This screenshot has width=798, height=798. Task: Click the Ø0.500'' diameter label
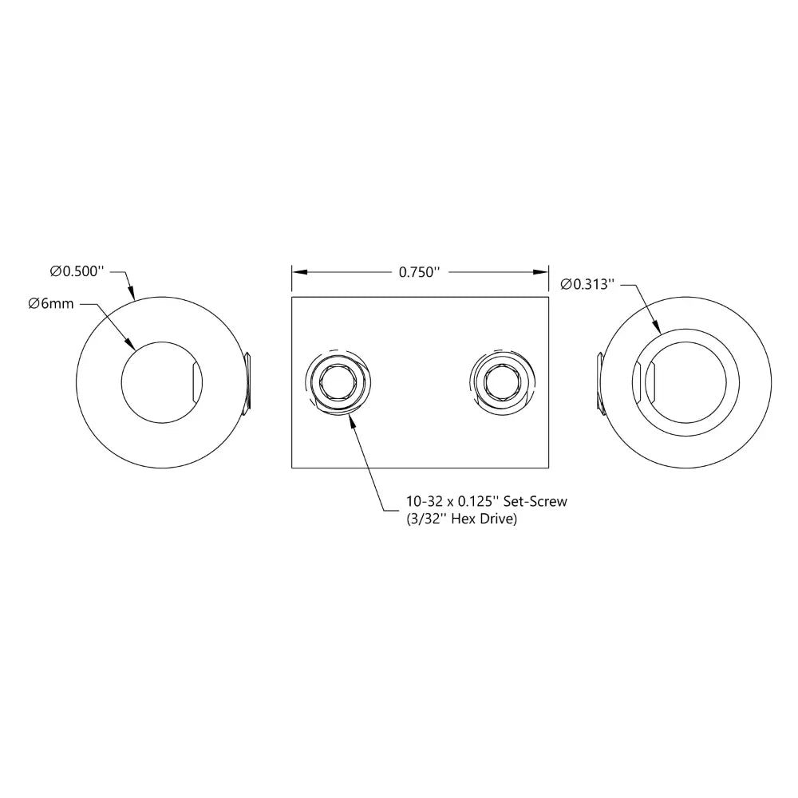coord(77,271)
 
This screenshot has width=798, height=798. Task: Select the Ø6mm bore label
coord(51,304)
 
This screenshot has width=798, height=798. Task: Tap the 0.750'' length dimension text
coord(419,272)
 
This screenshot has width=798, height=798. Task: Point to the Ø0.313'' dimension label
coord(587,284)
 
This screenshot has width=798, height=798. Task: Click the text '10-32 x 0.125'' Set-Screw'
coord(487,501)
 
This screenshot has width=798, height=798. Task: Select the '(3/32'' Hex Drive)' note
coord(461,519)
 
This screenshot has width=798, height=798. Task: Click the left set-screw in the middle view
coord(338,381)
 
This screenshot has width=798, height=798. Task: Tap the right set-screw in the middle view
coord(502,381)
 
